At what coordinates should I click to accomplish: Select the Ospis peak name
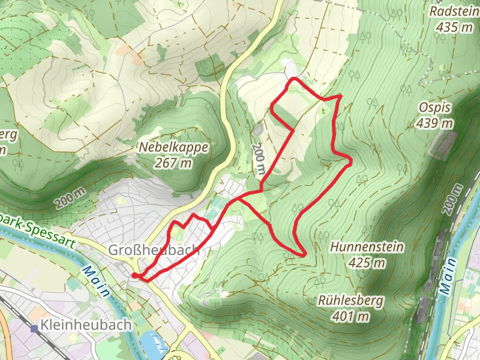click(x=436, y=107)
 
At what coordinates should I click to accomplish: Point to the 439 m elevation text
click(x=436, y=124)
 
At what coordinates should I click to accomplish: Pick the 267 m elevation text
click(x=174, y=163)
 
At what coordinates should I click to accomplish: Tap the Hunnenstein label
click(x=367, y=247)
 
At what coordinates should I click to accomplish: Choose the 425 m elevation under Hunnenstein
click(x=367, y=263)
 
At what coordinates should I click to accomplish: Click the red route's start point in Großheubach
click(x=135, y=275)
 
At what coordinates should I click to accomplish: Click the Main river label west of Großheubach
click(x=95, y=281)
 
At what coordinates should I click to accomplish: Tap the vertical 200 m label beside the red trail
click(x=258, y=159)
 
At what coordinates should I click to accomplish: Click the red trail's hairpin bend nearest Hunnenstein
click(x=302, y=254)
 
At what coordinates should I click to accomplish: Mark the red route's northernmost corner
click(x=293, y=79)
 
